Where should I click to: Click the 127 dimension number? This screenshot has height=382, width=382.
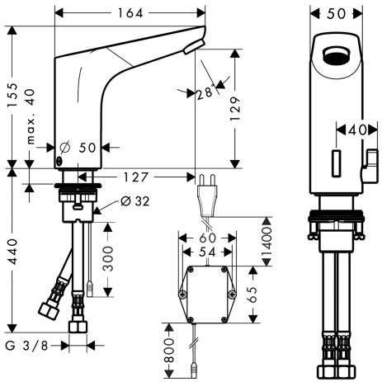point(137,176)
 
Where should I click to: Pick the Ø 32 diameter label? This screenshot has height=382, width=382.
point(134,200)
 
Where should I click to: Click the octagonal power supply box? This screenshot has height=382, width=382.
point(206,293)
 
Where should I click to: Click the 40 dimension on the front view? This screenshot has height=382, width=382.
point(356,130)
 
